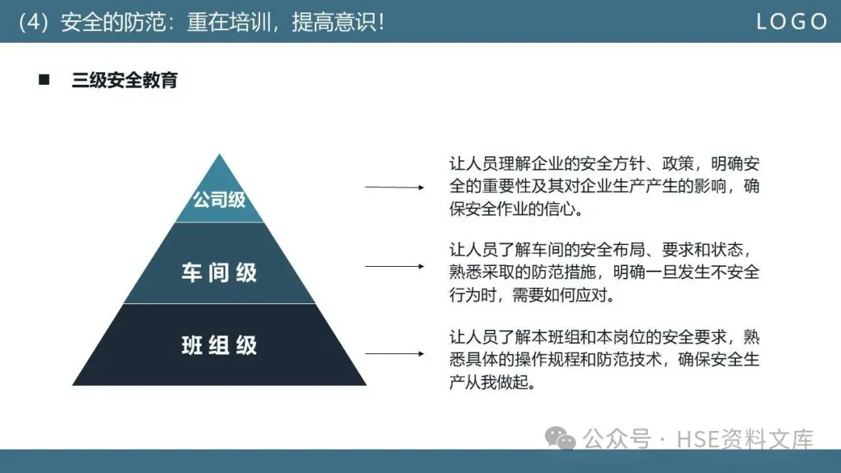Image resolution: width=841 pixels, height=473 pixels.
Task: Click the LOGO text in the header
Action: tap(792, 22)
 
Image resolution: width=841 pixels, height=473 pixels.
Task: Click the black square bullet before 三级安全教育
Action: tap(44, 79)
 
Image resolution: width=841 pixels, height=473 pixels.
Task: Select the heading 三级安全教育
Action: tap(125, 79)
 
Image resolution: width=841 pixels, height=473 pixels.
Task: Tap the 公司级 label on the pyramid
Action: tap(220, 199)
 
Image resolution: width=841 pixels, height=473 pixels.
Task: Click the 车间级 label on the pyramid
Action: tap(220, 272)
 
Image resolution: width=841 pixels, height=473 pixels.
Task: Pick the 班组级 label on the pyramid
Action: tap(220, 345)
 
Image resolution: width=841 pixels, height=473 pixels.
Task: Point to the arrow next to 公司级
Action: tap(394, 187)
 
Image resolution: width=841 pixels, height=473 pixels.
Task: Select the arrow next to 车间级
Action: tap(394, 266)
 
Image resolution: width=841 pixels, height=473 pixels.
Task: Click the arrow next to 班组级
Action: tap(394, 353)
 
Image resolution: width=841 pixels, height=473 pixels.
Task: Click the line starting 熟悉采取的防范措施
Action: tap(604, 273)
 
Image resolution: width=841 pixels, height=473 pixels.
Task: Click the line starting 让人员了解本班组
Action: tap(604, 337)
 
